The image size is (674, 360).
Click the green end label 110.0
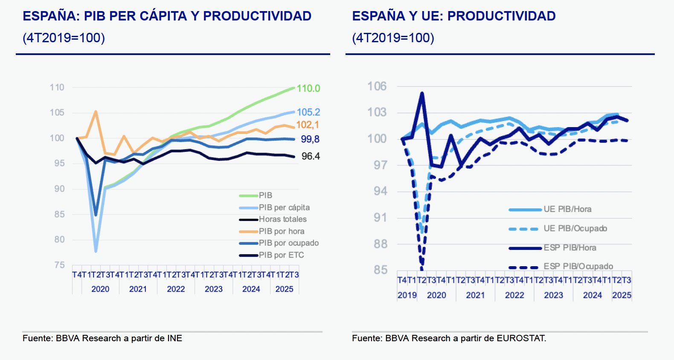click(308, 88)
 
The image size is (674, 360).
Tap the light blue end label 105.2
click(308, 112)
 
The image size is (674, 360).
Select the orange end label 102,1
click(307, 125)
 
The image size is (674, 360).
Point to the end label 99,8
click(310, 139)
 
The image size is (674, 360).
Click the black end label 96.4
click(310, 156)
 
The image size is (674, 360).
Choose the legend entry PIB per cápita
click(284, 207)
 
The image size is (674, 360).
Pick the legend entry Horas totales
click(282, 219)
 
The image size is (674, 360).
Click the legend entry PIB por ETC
click(281, 255)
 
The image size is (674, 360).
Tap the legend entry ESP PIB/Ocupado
click(578, 266)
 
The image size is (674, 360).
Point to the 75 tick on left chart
click(59, 265)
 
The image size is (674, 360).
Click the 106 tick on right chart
click(377, 87)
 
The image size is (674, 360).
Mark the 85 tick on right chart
click(380, 270)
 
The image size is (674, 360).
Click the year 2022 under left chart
click(176, 289)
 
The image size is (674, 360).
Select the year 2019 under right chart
click(407, 295)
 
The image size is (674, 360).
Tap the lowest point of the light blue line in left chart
click(96, 251)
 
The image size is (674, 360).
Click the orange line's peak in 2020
click(96, 112)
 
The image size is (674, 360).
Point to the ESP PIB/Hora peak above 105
click(422, 93)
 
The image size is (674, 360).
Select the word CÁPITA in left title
click(163, 16)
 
